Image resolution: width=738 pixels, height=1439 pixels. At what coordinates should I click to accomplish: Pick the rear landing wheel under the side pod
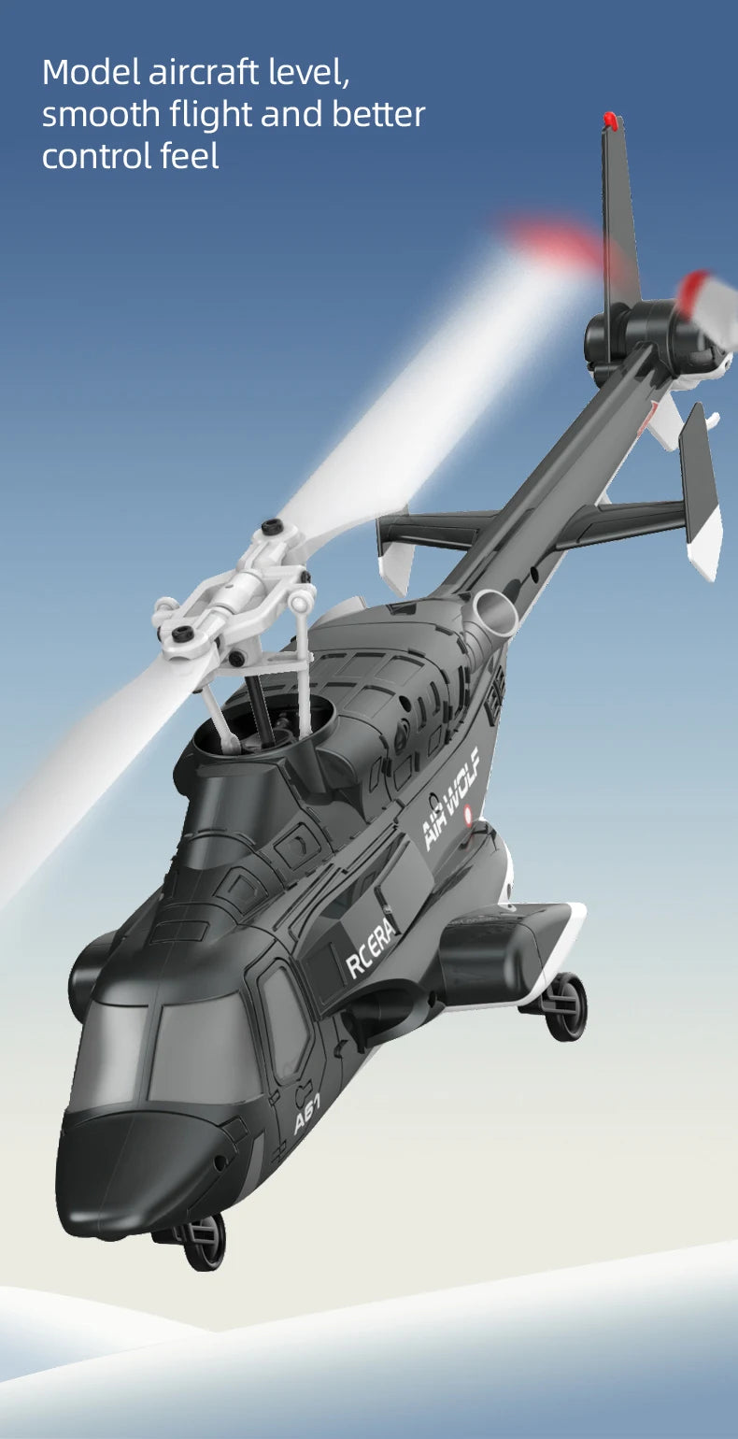[566, 1006]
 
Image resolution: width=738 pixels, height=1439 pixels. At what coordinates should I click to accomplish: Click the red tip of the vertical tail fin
[611, 121]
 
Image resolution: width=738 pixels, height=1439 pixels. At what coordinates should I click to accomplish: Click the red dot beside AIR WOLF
[469, 811]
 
